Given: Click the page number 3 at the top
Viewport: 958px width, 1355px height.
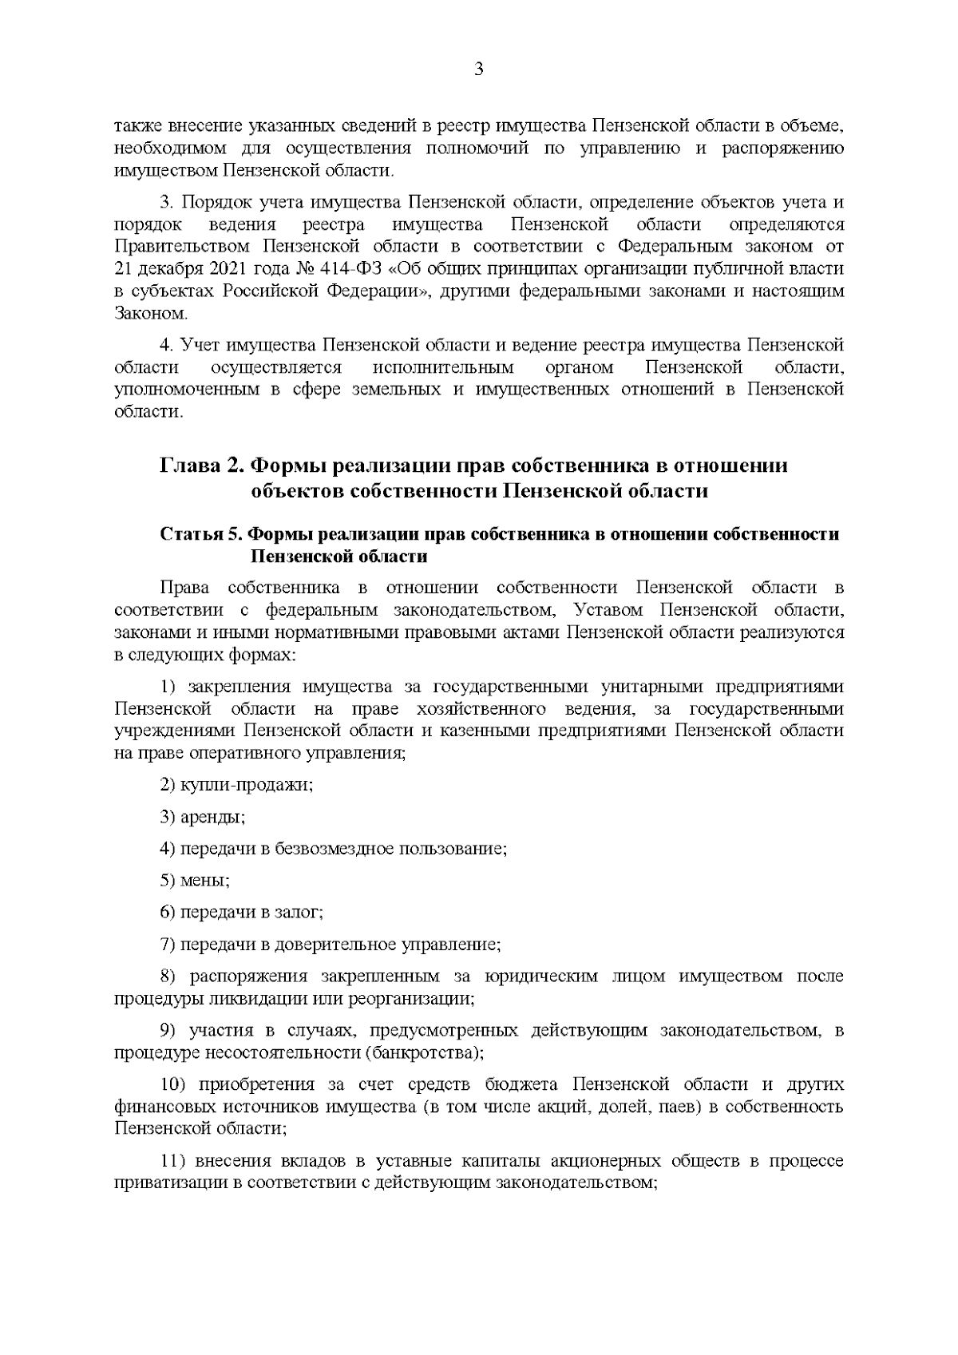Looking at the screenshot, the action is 478,69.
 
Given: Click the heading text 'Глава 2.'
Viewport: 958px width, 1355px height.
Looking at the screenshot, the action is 203,466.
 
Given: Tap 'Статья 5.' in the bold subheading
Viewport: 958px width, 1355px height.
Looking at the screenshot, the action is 200,535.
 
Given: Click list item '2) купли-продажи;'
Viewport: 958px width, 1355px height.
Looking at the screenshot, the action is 236,785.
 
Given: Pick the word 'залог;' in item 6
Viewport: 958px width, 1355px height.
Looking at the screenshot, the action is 299,913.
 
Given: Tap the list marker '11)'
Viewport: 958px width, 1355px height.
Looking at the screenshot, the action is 172,1161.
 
